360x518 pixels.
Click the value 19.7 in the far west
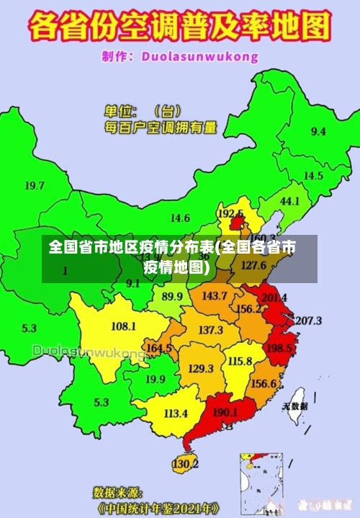click(35, 185)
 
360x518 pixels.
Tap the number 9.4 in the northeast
click(318, 131)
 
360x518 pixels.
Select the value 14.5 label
click(312, 176)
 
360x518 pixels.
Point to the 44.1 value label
click(289, 201)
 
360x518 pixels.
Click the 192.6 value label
click(230, 213)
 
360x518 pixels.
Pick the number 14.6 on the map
click(180, 218)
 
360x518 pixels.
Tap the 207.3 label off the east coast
click(308, 320)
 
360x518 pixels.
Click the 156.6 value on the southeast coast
click(264, 383)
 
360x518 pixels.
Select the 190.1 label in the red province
click(225, 412)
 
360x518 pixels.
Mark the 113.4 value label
click(176, 414)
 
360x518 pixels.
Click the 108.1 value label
click(123, 326)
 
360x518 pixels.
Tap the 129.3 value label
click(201, 368)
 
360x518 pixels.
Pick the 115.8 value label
click(240, 361)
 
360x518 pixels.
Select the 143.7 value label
click(214, 295)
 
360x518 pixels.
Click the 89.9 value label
click(171, 296)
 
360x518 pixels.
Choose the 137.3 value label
click(210, 330)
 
